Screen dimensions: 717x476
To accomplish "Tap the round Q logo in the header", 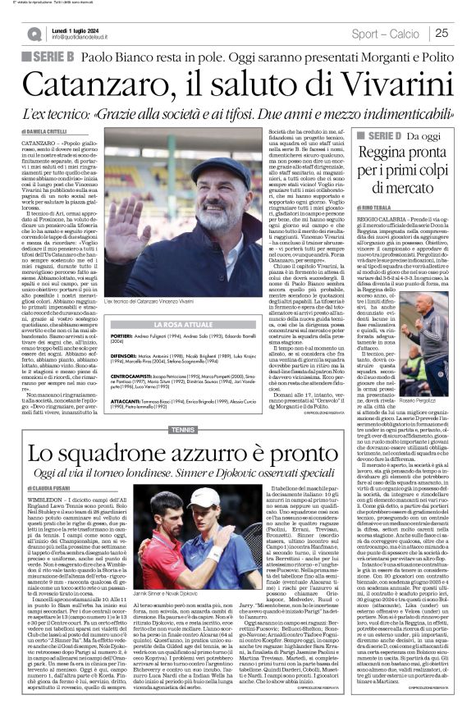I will click(x=34, y=34).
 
